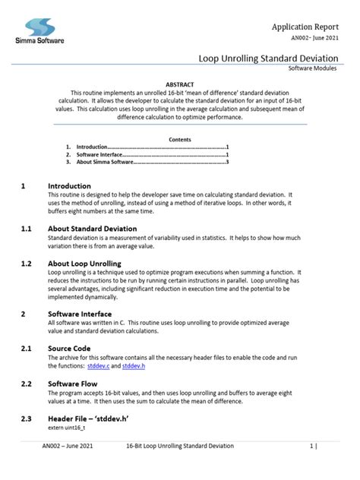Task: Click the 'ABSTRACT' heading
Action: pyautogui.click(x=180, y=84)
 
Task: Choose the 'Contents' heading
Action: pyautogui.click(x=180, y=140)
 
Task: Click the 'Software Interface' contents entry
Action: pyautogui.click(x=103, y=155)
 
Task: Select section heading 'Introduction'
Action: pyautogui.click(x=69, y=186)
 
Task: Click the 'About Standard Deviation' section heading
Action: pyautogui.click(x=92, y=229)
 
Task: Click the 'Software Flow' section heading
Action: pyautogui.click(x=74, y=384)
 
